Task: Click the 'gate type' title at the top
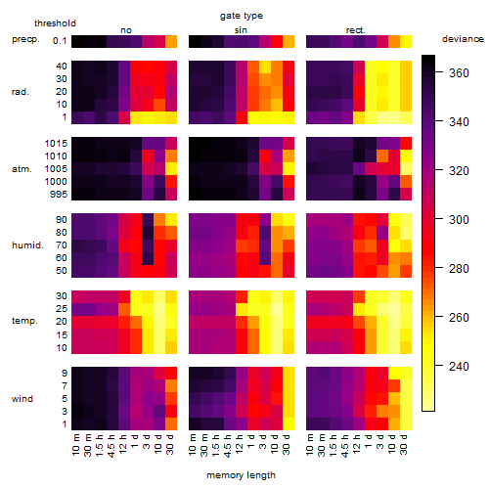pos(242,16)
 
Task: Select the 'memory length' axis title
pos(241,475)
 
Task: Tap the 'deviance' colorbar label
pos(463,39)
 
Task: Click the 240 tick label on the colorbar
pos(459,366)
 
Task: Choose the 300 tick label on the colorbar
pos(459,219)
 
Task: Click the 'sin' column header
pos(241,30)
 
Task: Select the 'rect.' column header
pos(355,30)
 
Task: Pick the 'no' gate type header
pos(126,30)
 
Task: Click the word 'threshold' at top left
pos(55,23)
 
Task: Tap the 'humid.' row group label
pos(27,244)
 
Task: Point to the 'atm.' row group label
pos(22,169)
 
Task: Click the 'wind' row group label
pos(22,398)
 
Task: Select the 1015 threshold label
pos(56,143)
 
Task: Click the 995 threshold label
pos(59,195)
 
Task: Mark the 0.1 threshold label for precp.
pos(60,41)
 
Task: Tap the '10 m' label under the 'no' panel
pos(76,444)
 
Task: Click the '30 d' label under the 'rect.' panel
pos(404,444)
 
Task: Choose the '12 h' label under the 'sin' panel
pos(240,444)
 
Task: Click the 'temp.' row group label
pos(24,321)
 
